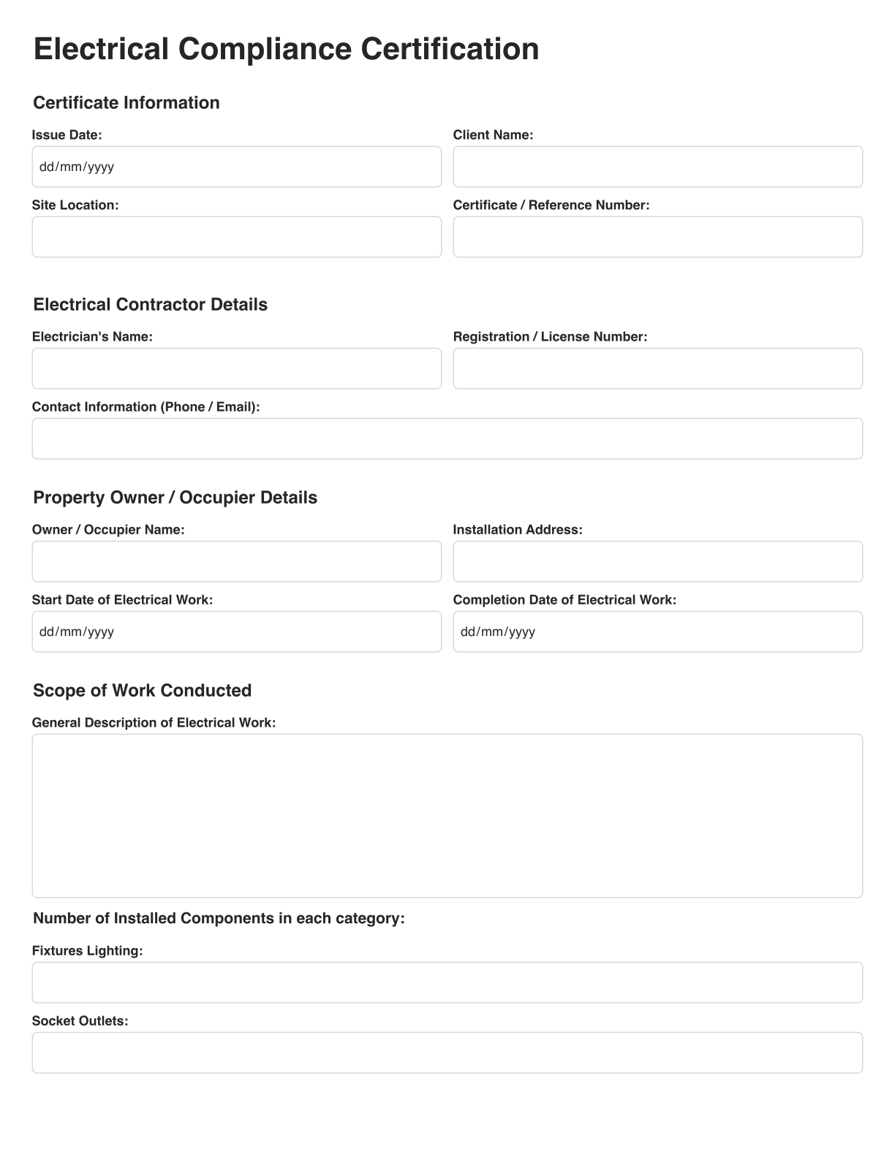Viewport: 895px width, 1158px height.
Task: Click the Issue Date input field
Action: (236, 167)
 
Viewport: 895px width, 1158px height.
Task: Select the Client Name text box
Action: (657, 167)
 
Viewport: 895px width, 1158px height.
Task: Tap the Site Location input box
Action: (236, 237)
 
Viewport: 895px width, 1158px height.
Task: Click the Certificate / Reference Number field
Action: (657, 237)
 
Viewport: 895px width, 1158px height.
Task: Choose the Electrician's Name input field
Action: (236, 368)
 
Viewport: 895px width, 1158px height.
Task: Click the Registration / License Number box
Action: (657, 368)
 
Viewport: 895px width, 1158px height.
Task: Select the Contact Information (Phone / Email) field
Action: (447, 439)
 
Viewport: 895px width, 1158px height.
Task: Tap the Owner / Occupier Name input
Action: (236, 561)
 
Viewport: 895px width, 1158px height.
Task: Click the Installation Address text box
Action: (657, 561)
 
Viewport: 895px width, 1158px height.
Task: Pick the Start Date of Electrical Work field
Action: (236, 632)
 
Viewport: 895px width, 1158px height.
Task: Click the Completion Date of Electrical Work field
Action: (657, 632)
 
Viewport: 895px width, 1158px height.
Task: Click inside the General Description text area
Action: (447, 815)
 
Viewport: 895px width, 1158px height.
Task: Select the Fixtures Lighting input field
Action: (447, 983)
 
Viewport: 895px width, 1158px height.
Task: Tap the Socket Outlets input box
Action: (447, 1053)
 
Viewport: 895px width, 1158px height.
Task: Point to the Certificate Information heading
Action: (126, 102)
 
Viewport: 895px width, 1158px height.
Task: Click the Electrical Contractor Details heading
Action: (150, 304)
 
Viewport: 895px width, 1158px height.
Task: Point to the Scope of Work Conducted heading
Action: (142, 690)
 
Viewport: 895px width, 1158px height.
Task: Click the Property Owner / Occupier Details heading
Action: (175, 497)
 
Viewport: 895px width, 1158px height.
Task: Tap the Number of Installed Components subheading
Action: (219, 918)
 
